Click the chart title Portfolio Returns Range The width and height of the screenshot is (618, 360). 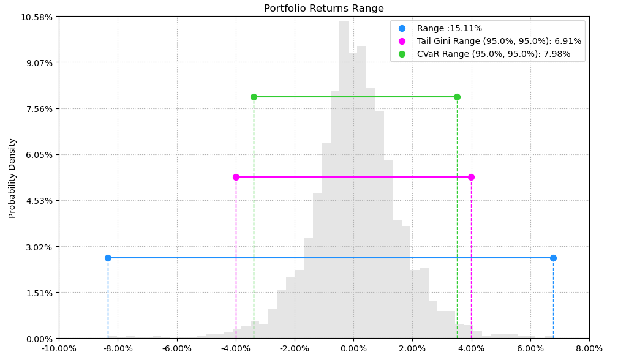(x=323, y=9)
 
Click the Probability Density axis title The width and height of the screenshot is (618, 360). (x=12, y=178)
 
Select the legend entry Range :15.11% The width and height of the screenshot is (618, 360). (x=449, y=28)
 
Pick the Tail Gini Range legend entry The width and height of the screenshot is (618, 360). (x=499, y=41)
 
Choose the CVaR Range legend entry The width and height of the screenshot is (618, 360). (x=493, y=54)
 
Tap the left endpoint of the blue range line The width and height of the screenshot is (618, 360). (x=108, y=258)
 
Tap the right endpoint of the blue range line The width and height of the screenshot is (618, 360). (x=553, y=258)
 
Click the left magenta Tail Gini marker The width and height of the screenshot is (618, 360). (x=236, y=177)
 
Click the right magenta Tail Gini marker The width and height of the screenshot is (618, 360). (x=471, y=177)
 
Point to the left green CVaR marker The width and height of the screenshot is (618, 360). (x=254, y=97)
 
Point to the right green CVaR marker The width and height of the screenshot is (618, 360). (x=457, y=97)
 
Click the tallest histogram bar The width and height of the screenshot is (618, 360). (x=344, y=178)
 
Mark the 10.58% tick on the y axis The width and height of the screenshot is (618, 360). (x=37, y=17)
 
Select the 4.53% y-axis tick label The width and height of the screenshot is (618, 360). (x=39, y=201)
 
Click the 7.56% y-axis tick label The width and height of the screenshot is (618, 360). (x=39, y=109)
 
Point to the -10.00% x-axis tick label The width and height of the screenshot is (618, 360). (x=59, y=349)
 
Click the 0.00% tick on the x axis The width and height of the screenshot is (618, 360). (x=353, y=349)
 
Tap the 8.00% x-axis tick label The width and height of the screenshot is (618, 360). (x=589, y=349)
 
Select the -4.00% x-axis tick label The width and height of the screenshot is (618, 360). (x=236, y=349)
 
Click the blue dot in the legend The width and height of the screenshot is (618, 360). (x=402, y=28)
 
